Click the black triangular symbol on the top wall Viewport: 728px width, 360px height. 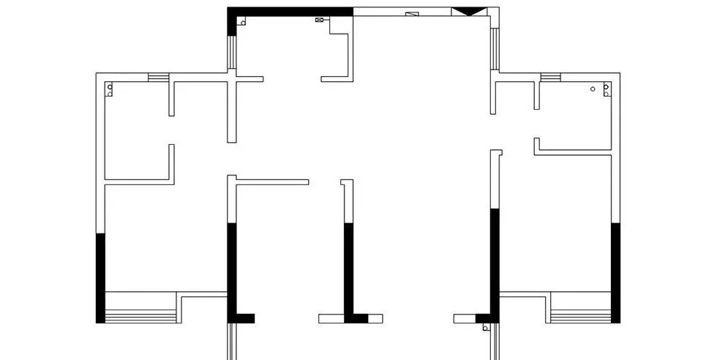(x=468, y=12)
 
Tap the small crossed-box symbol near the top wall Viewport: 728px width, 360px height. (x=319, y=20)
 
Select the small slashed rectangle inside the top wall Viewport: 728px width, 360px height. (x=412, y=13)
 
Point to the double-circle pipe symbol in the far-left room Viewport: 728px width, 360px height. (x=110, y=90)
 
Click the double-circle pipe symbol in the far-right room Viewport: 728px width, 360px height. (x=606, y=90)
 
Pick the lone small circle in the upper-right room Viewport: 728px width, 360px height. (x=593, y=89)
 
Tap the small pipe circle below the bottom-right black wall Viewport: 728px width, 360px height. (x=485, y=328)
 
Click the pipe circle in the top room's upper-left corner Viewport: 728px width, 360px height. (x=242, y=22)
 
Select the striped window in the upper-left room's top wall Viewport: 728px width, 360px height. (x=158, y=77)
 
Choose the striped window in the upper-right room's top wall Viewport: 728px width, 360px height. (x=550, y=77)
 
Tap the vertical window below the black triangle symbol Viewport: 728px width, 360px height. (x=495, y=48)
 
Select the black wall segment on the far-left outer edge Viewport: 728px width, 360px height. (x=100, y=278)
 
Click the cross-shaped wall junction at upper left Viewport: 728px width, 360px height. (x=232, y=78)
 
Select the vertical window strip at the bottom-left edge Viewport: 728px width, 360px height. (x=231, y=342)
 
